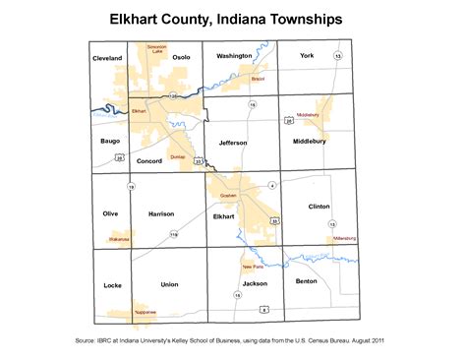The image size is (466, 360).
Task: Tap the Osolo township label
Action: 181,58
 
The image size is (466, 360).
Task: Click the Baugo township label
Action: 110,142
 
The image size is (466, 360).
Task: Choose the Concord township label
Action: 149,159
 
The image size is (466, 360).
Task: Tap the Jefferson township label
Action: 233,143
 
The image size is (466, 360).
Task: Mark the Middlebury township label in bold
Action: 315,143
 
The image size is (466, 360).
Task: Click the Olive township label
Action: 110,212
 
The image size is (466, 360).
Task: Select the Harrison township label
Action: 160,213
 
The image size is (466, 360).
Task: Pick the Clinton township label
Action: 320,207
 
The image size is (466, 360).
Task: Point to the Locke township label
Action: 111,285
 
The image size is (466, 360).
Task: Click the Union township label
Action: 169,284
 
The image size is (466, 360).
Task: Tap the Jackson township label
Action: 254,283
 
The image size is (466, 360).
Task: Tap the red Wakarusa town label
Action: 118,238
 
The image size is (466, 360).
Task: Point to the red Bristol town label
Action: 259,79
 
